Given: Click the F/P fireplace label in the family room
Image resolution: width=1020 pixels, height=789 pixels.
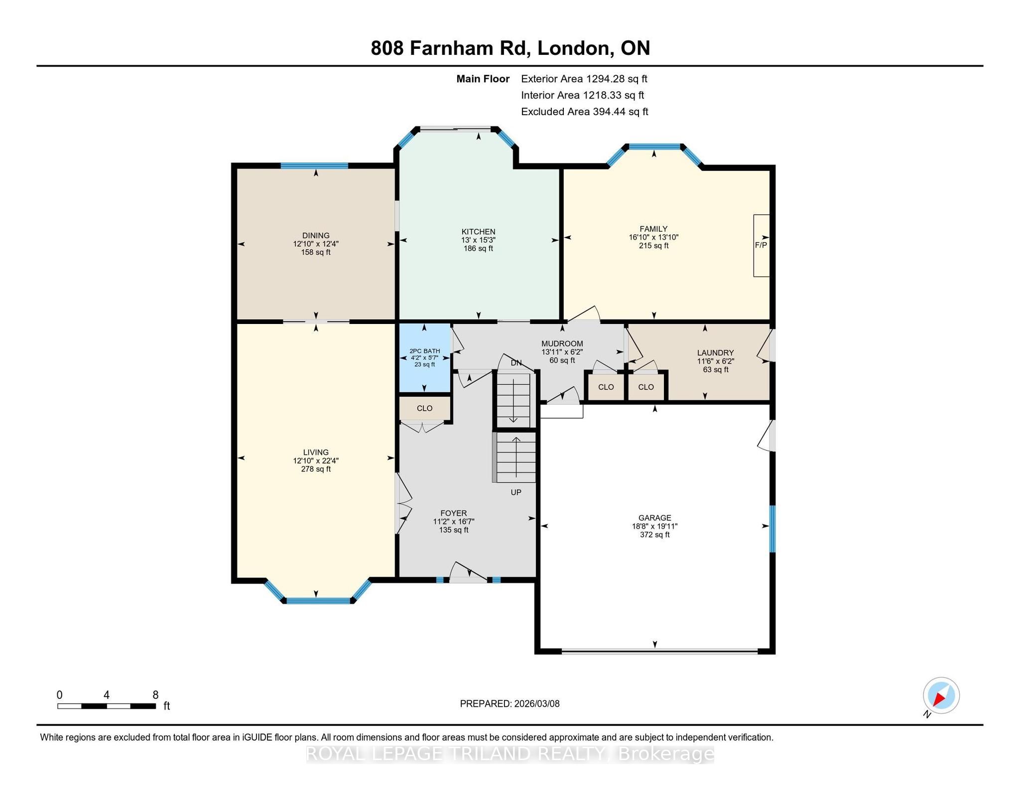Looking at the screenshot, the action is (761, 245).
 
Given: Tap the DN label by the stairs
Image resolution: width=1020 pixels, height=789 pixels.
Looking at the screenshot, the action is (516, 363).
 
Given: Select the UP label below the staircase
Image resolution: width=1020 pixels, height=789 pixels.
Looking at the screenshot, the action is (516, 492).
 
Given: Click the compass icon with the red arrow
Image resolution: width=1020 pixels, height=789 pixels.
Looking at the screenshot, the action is (941, 696).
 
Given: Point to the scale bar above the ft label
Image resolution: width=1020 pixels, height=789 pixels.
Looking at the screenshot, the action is (107, 706).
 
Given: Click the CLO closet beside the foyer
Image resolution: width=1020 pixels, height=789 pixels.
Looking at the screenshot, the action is (425, 409).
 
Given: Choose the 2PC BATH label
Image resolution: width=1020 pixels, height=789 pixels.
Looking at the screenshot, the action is (425, 351).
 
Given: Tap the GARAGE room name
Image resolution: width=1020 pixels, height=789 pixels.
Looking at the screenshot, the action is (655, 518).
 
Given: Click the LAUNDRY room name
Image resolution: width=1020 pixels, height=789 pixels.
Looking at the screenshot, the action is (716, 353).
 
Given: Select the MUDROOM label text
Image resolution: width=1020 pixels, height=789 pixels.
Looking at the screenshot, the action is (562, 344).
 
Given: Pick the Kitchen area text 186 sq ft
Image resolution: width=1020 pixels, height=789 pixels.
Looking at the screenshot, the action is (479, 248).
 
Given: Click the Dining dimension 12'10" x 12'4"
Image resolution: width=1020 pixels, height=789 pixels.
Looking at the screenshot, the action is (316, 244).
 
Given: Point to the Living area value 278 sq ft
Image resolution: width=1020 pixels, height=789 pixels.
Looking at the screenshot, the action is (316, 469).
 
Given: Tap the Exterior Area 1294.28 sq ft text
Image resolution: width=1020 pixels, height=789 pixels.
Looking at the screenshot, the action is (584, 79).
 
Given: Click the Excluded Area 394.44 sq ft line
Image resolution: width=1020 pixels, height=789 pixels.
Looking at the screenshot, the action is (585, 112).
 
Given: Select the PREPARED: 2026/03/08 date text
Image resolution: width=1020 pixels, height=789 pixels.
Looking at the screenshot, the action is (510, 704).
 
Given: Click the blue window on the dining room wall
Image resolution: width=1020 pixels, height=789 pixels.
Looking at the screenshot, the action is (314, 166).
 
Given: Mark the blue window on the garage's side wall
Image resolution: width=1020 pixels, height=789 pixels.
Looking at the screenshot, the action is (772, 529).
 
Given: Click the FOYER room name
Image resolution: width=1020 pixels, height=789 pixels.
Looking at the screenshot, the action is (454, 513).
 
